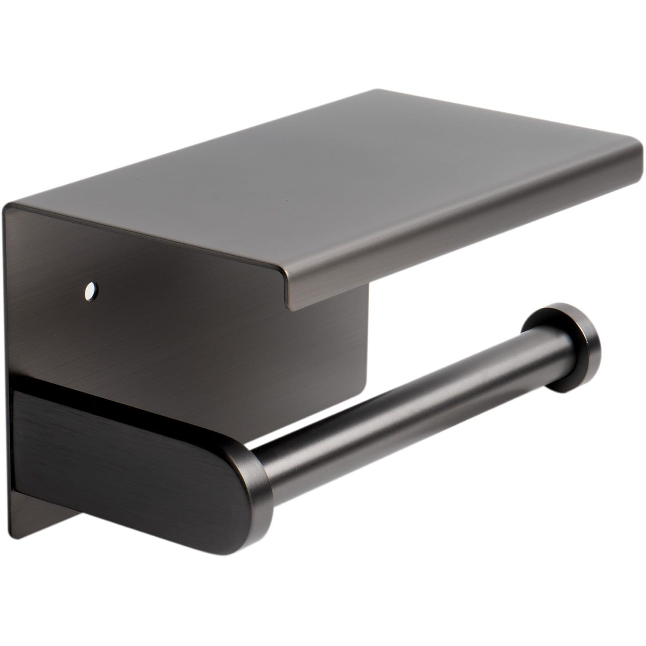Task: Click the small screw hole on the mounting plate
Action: (91, 290)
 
